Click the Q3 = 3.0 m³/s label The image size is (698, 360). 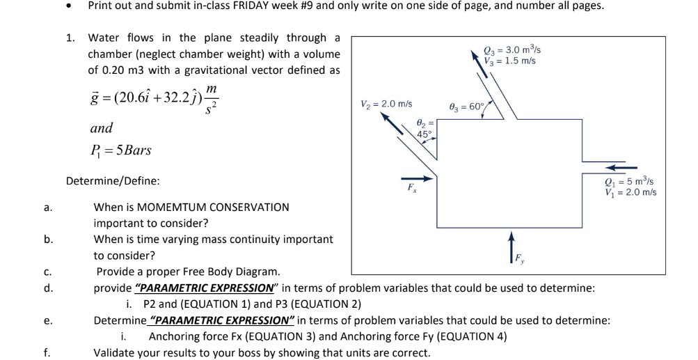512,49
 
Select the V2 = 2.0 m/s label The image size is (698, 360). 386,104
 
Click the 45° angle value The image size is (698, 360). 424,134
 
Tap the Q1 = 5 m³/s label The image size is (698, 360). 629,182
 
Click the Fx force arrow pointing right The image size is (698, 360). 418,178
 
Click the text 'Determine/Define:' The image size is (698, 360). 113,181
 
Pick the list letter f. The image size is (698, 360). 46,352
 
